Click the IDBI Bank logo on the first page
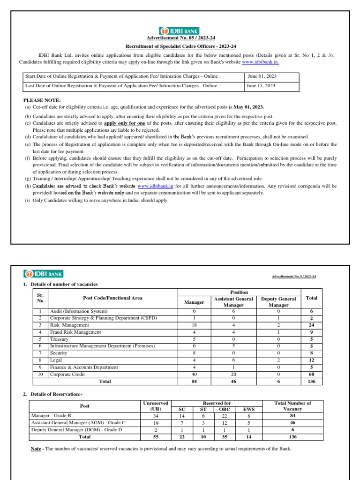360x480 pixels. pos(175,30)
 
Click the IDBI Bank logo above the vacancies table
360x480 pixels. pos(44,274)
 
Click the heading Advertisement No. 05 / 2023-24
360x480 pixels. pos(175,38)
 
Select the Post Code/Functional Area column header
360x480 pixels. pos(112,298)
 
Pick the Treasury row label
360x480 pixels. pos(60,339)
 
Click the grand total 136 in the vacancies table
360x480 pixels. pos(311,381)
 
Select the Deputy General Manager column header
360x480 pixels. pos(278,301)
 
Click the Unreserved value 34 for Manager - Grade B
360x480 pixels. pos(156,416)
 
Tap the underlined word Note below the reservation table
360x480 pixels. pos(36,449)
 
